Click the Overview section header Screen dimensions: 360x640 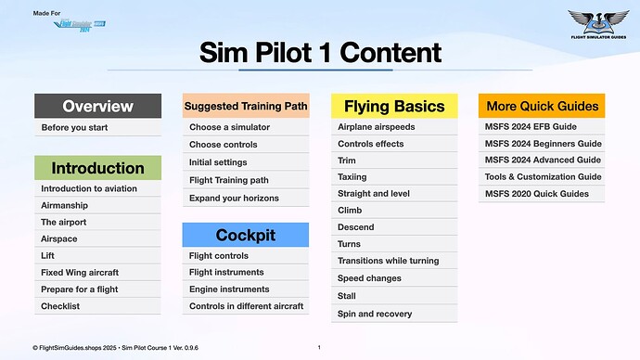(97, 106)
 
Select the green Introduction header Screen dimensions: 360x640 (97, 168)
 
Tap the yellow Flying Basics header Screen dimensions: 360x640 (394, 106)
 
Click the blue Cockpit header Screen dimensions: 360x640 (246, 235)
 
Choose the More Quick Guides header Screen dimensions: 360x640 (542, 106)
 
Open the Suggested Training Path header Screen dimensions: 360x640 (246, 106)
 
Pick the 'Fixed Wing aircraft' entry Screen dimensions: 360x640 (80, 273)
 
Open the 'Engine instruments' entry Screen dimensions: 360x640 (230, 289)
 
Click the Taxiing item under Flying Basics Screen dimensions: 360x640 (352, 176)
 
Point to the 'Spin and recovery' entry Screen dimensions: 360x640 (375, 314)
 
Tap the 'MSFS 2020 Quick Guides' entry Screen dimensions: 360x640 (536, 193)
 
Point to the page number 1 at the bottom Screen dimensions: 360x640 (319, 347)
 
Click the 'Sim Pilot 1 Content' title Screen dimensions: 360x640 (320, 53)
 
